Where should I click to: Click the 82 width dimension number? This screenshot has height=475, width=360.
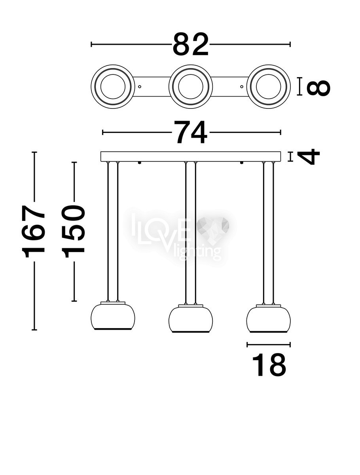pos(191,44)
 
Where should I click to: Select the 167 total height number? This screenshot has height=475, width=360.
pos(33,231)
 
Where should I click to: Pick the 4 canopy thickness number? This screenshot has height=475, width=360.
pos(309,157)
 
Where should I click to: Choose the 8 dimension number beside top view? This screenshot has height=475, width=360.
pos(318,87)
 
